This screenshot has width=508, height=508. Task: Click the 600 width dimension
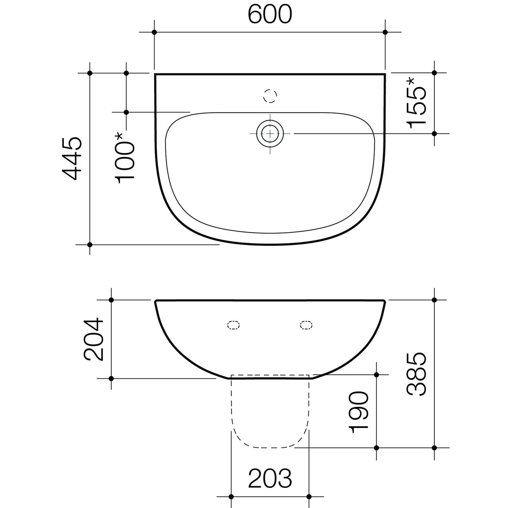[270, 14]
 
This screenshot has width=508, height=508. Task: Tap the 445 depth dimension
[72, 158]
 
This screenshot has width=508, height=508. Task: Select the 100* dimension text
[124, 158]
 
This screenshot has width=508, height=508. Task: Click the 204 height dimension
[93, 339]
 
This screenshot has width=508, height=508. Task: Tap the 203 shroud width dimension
[270, 478]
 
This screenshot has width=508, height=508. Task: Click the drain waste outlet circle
[270, 134]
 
